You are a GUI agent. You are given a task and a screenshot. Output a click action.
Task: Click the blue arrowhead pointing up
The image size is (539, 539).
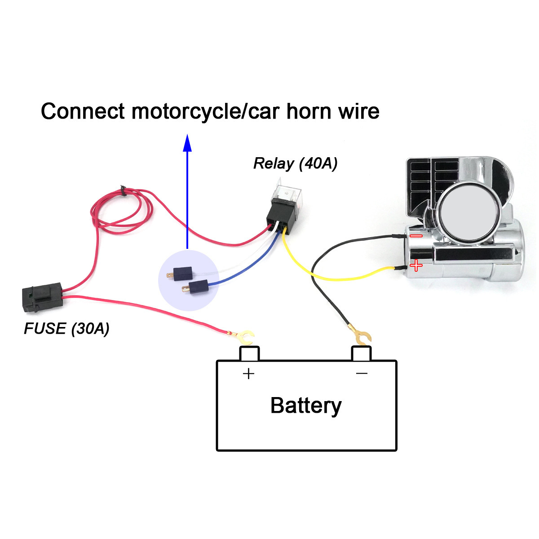click(187, 143)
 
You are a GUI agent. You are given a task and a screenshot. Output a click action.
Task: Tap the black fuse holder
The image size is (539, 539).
click(42, 297)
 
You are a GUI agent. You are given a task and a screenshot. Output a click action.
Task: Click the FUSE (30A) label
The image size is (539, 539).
click(66, 328)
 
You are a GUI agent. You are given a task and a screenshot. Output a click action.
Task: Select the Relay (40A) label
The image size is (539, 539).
click(295, 163)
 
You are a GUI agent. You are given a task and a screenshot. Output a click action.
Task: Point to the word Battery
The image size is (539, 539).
click(306, 406)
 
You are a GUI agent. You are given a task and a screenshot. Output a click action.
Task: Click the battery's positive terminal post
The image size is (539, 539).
click(249, 353)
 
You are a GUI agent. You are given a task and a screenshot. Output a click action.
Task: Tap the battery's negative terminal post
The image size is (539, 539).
click(362, 353)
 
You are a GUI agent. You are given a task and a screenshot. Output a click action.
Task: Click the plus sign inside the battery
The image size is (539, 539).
click(249, 374)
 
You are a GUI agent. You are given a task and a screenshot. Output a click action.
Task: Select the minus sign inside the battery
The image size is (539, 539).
click(362, 373)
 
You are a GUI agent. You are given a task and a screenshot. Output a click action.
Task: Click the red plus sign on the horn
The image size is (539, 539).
click(416, 265)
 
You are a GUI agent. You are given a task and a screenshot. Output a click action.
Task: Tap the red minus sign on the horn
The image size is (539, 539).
click(416, 236)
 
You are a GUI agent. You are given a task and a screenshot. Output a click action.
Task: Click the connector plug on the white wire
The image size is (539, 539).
click(180, 274)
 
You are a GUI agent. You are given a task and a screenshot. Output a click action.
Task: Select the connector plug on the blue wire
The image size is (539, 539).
click(195, 287)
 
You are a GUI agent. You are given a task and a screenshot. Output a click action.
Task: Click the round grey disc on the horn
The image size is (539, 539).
click(470, 212)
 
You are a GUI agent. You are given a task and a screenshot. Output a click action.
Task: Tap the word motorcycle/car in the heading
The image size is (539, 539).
click(205, 112)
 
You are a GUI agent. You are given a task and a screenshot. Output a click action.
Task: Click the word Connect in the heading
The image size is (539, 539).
click(83, 111)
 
